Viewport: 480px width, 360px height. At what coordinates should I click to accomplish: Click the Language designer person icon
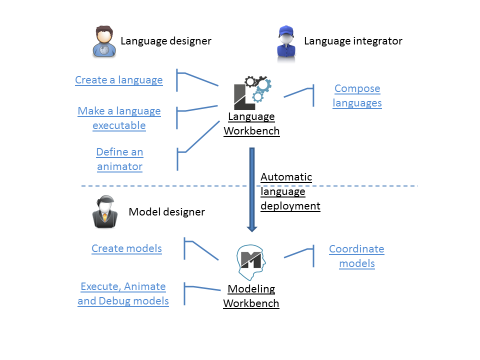[104, 41]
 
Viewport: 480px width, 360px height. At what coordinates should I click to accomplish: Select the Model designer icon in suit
[104, 211]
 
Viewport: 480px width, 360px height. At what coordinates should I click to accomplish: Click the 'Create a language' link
[119, 80]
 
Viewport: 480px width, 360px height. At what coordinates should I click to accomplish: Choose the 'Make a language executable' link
[119, 118]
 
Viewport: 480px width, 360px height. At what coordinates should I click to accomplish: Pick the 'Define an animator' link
[119, 159]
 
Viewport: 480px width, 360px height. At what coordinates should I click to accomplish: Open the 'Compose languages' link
[357, 95]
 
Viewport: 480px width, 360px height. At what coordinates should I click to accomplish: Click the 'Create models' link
[126, 248]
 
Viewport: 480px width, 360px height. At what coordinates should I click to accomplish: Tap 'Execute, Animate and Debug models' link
[123, 293]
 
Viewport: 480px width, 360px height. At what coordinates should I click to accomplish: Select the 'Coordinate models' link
[356, 256]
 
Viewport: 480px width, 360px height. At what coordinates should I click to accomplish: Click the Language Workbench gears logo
[252, 93]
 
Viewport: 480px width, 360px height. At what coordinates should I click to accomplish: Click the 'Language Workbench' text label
[251, 124]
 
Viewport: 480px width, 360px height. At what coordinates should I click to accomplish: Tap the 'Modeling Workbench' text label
[251, 296]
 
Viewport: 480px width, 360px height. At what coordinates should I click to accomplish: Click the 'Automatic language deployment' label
[289, 191]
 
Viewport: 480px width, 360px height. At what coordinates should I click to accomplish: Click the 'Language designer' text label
[166, 41]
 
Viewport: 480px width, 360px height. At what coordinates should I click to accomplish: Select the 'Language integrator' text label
[353, 41]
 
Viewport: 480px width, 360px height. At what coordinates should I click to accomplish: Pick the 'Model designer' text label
[166, 212]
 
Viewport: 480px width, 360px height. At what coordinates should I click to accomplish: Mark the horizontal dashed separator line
[150, 186]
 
